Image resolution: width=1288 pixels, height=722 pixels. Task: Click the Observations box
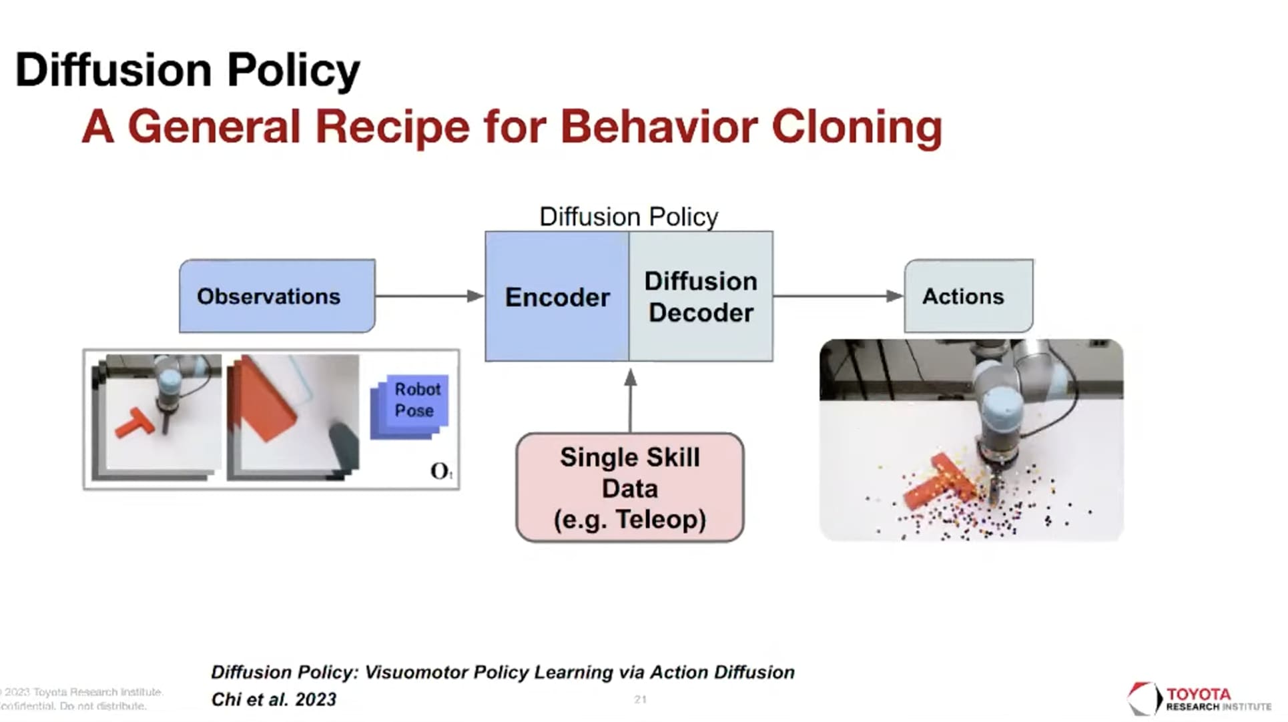pos(277,296)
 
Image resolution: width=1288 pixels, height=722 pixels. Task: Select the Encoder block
pos(557,297)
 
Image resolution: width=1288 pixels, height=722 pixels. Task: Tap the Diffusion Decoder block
pos(701,297)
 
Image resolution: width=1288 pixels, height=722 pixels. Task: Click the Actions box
pos(968,296)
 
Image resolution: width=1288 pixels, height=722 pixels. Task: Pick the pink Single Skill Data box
pos(629,488)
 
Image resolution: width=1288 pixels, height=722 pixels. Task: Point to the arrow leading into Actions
pos(838,296)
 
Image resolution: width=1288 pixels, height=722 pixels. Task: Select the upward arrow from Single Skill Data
pos(630,401)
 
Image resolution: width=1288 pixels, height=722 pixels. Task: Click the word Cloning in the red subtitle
pos(857,127)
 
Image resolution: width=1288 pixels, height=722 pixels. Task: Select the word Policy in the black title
pos(293,70)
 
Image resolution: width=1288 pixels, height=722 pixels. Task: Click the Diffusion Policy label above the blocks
pos(629,217)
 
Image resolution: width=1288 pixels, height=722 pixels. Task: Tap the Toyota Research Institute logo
pos(1199,698)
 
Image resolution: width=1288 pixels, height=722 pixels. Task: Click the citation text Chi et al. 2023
pos(274,699)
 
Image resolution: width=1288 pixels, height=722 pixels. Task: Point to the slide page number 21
pos(640,699)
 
